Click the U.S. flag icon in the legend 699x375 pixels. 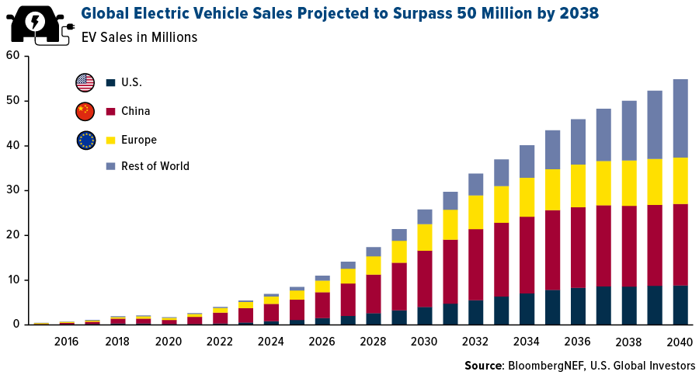click(85, 82)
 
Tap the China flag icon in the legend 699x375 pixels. click(85, 111)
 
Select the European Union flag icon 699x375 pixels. click(85, 140)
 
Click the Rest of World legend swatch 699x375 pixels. click(110, 166)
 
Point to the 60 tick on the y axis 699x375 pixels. click(12, 55)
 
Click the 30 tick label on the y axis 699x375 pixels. click(12, 190)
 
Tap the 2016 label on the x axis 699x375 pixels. click(66, 341)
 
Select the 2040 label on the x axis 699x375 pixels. click(680, 341)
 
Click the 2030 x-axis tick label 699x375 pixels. click(424, 341)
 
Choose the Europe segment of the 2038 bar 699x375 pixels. click(629, 182)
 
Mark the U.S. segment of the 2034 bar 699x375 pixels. click(527, 308)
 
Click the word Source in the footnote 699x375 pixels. click(482, 366)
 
